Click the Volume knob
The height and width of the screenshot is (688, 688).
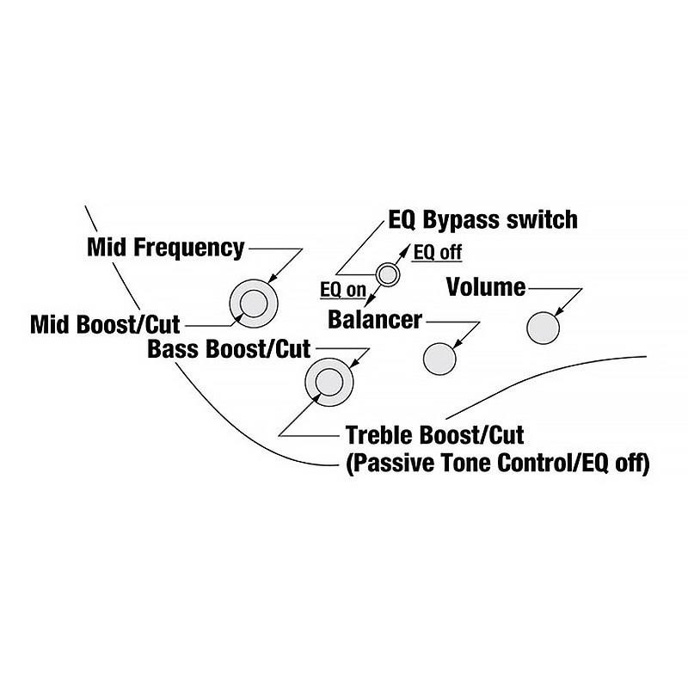(543, 327)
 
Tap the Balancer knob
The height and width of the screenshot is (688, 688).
(439, 356)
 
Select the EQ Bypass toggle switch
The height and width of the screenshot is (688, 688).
(388, 274)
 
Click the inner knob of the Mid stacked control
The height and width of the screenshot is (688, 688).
(254, 304)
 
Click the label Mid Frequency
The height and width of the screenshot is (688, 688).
(165, 248)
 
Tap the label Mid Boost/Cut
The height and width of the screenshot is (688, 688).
(105, 325)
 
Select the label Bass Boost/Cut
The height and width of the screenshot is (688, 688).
(229, 350)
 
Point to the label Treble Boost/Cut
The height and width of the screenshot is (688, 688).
(434, 434)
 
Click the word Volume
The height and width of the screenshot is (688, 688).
(486, 287)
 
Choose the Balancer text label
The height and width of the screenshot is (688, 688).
(375, 320)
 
